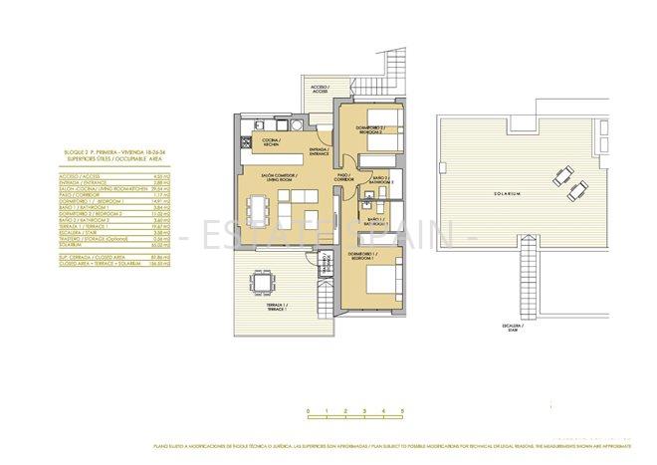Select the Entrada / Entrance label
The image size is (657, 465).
point(319,151)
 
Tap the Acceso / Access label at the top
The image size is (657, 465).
point(320,90)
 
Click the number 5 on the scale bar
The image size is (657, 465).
point(402,411)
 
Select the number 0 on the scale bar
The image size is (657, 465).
point(309,411)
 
